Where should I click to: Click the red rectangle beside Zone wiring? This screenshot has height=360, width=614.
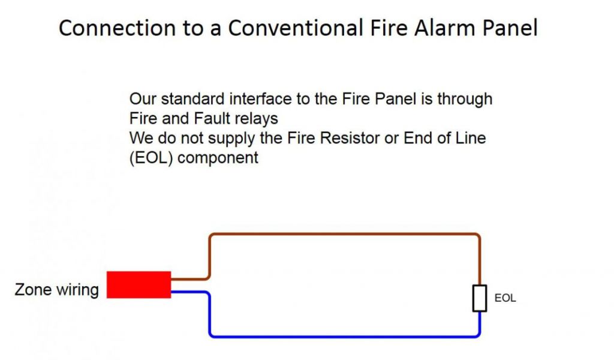(x=139, y=284)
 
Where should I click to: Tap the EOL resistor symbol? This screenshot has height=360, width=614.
(x=479, y=298)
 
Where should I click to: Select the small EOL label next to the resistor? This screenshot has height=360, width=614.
(x=505, y=298)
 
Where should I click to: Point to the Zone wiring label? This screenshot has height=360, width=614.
(x=57, y=290)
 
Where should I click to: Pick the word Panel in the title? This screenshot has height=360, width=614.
(x=508, y=28)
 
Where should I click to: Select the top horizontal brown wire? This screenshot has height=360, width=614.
(x=345, y=235)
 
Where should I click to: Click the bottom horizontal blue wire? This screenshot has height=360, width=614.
(x=345, y=336)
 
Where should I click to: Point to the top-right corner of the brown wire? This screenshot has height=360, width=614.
(x=478, y=236)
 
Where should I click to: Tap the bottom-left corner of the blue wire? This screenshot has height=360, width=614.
(x=210, y=335)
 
